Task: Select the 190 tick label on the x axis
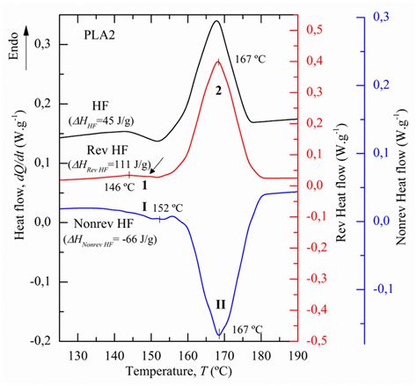pyautogui.click(x=297, y=355)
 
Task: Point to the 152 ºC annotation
pyautogui.click(x=168, y=208)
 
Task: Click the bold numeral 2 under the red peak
pyautogui.click(x=217, y=90)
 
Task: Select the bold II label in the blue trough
pyautogui.click(x=219, y=305)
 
